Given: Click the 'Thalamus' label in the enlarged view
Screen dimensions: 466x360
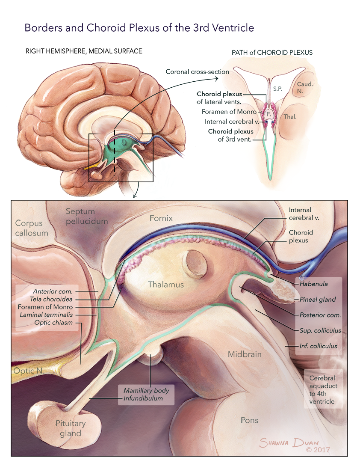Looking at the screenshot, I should [166, 285].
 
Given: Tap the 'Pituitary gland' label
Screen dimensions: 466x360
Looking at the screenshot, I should [71, 428].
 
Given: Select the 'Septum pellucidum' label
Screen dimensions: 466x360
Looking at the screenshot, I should [86, 216].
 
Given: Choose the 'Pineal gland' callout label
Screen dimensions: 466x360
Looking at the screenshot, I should [318, 300].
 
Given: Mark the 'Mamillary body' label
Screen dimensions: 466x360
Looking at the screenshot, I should [146, 390].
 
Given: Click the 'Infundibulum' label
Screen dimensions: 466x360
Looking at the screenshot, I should [143, 398].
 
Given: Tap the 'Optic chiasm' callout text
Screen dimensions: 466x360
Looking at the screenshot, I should [54, 323].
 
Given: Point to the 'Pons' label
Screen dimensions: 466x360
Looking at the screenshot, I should [249, 420].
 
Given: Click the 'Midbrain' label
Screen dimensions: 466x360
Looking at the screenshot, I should [245, 354].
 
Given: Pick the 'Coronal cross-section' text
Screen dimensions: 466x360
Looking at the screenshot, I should [198, 71].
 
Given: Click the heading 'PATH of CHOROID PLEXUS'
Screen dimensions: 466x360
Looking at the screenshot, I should [272, 53].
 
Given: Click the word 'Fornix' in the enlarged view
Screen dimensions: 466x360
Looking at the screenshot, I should [161, 218].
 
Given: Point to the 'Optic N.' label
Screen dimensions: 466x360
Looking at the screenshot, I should [29, 371].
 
